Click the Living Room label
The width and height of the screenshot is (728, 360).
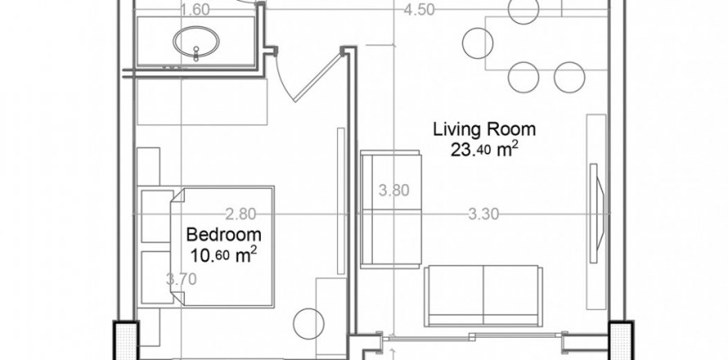(x=484, y=129)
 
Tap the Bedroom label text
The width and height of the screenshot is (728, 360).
(x=223, y=235)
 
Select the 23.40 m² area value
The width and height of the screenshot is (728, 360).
(x=483, y=150)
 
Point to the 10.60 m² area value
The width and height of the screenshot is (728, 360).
(x=223, y=254)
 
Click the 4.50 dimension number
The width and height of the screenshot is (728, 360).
(x=419, y=10)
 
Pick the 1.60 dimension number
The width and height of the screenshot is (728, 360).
(x=195, y=10)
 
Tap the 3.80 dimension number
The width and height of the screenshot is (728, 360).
(x=393, y=191)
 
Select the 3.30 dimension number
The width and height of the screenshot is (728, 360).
(x=483, y=214)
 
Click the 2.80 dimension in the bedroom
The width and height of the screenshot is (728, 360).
(x=240, y=214)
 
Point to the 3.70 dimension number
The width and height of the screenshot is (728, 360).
(x=181, y=279)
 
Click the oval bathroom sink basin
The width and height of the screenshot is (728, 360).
(x=196, y=42)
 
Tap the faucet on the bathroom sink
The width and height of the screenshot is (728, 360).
(x=196, y=53)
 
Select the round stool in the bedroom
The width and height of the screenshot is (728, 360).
(x=308, y=324)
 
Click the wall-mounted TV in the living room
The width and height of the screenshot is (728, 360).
(x=596, y=214)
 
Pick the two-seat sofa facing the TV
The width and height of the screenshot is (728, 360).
(x=483, y=296)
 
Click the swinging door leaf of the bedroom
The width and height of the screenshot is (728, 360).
(x=318, y=78)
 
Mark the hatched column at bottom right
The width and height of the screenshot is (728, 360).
(x=621, y=341)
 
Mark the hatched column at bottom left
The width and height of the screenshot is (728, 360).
(x=126, y=341)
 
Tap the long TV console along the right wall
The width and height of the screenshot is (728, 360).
(x=596, y=212)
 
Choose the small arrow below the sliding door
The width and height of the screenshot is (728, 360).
(x=393, y=353)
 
